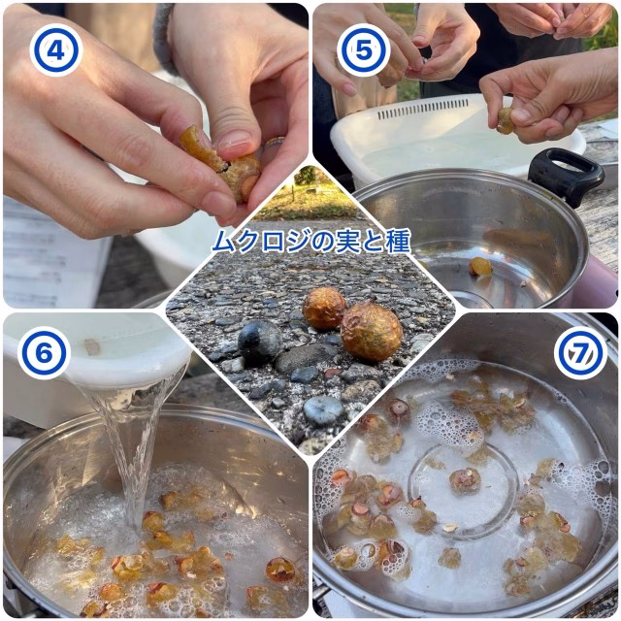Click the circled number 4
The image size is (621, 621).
pyautogui.click(x=56, y=49)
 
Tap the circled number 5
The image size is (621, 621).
pyautogui.click(x=364, y=49)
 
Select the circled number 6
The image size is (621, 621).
pyautogui.click(x=44, y=353)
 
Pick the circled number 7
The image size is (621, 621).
pyautogui.click(x=580, y=353)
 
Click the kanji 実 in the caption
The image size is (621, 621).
pyautogui.click(x=347, y=242)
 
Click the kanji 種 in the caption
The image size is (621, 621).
pyautogui.click(x=397, y=242)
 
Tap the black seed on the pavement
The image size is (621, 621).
pyautogui.click(x=260, y=343)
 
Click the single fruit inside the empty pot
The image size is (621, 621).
pyautogui.click(x=480, y=267)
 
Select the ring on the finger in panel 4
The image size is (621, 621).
pyautogui.click(x=275, y=143)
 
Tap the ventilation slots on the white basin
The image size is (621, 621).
pyautogui.click(x=423, y=109)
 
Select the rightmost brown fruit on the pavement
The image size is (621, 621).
pyautogui.click(x=372, y=331)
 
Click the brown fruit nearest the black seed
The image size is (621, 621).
pyautogui.click(x=324, y=309)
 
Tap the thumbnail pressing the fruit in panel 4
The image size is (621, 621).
pyautogui.click(x=235, y=139)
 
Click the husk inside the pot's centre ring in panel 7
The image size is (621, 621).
pyautogui.click(x=465, y=481)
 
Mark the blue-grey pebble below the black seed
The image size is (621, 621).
pyautogui.click(x=323, y=409)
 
